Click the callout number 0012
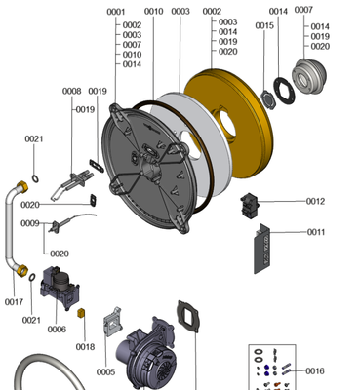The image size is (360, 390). pos(315,202)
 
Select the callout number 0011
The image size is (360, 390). pos(316,232)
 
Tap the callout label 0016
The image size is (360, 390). pos(315,370)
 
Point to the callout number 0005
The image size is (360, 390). pos(105,372)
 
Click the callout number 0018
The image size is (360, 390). pos(85,347)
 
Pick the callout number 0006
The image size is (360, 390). pos(57,330)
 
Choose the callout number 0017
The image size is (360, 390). pos(14,302)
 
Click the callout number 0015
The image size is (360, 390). pos(264,25)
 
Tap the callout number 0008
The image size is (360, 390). pos(71,91)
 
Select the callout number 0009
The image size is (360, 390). pos(30,223)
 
